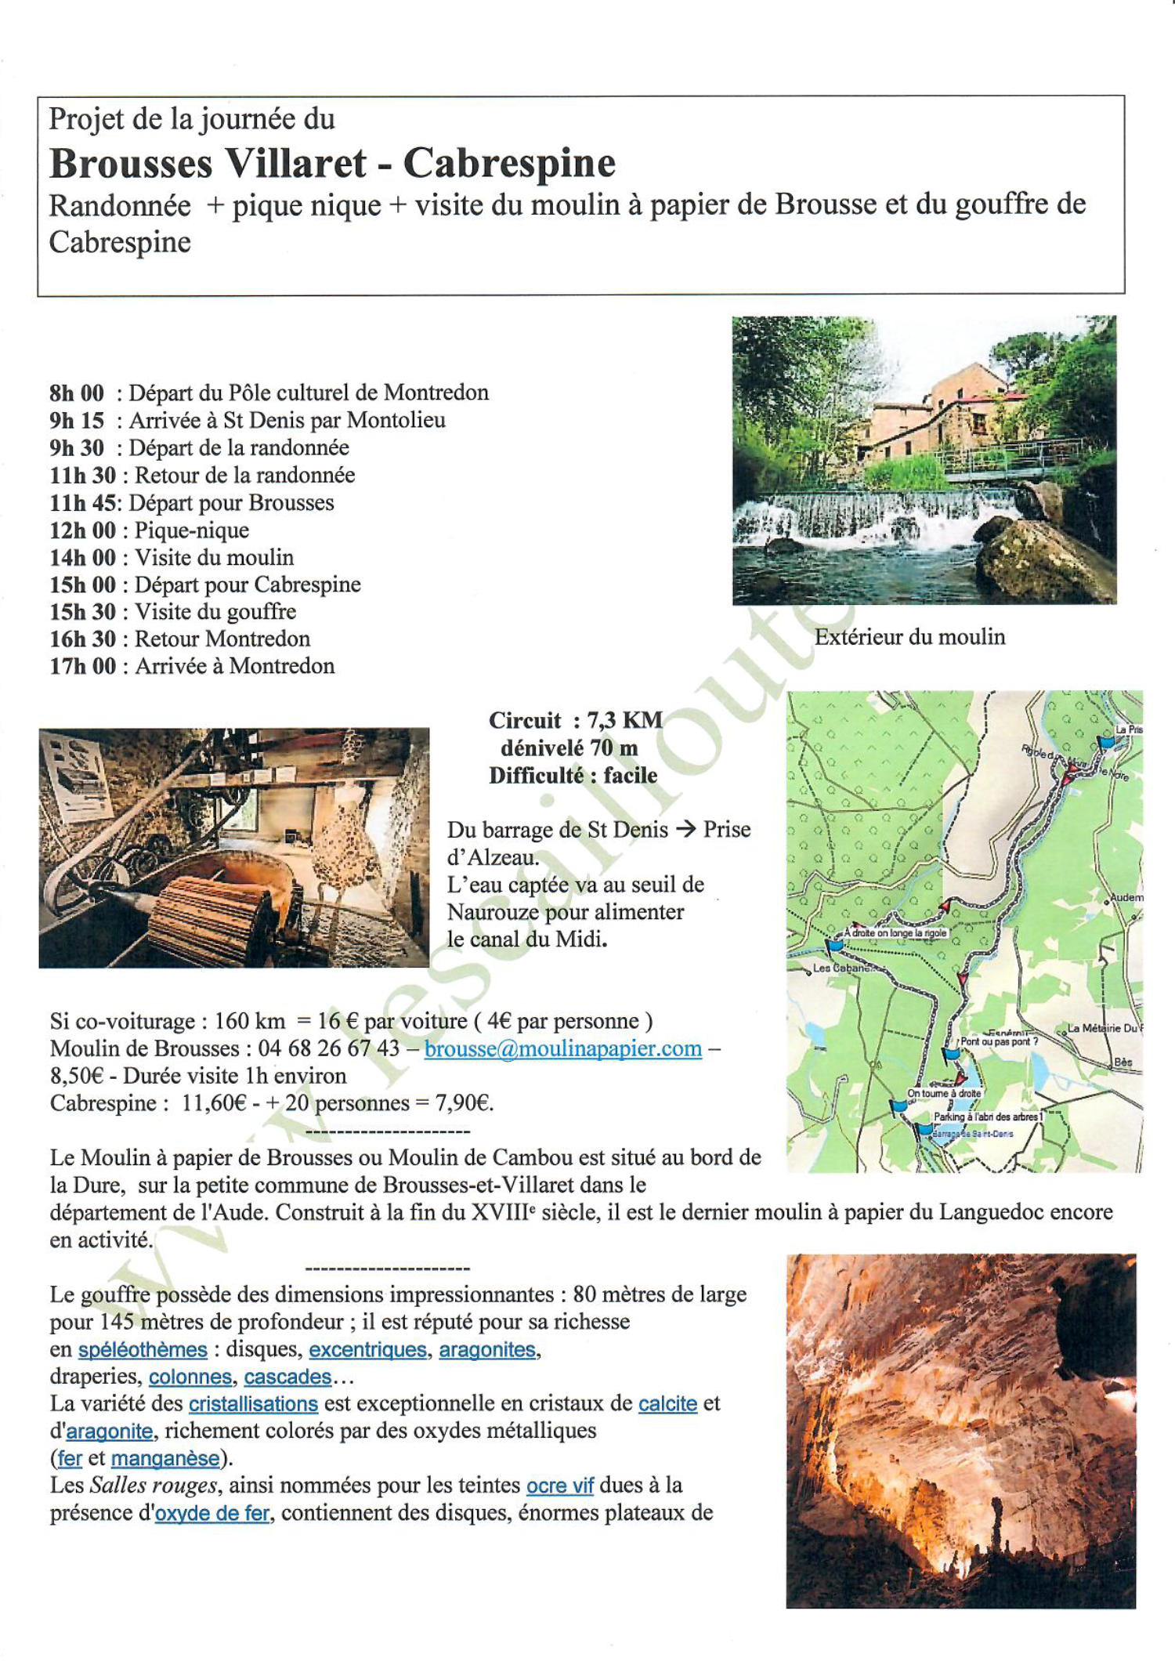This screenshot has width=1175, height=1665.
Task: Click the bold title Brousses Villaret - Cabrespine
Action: coord(332,164)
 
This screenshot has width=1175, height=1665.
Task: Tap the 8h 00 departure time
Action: coord(77,393)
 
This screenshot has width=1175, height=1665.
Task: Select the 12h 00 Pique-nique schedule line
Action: coord(150,530)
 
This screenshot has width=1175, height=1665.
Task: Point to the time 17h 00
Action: coord(82,666)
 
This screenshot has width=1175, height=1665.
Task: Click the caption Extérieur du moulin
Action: coord(909,637)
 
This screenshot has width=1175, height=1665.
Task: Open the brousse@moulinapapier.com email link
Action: coord(562,1048)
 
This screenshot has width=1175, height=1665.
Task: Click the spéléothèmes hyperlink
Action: coord(143,1349)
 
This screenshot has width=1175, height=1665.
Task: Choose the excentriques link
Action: coord(367,1349)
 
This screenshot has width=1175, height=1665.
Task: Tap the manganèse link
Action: coord(165,1458)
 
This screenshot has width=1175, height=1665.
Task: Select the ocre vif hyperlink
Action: coord(560,1485)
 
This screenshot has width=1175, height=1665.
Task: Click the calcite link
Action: coord(667,1403)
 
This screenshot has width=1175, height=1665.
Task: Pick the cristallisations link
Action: coord(253,1403)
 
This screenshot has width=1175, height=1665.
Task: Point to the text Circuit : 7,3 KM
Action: coord(575,721)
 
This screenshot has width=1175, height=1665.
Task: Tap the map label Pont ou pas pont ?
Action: coord(999,1042)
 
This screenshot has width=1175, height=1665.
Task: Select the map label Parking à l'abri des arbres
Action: coord(987,1117)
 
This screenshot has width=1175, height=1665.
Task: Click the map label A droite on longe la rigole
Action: coord(895,933)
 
